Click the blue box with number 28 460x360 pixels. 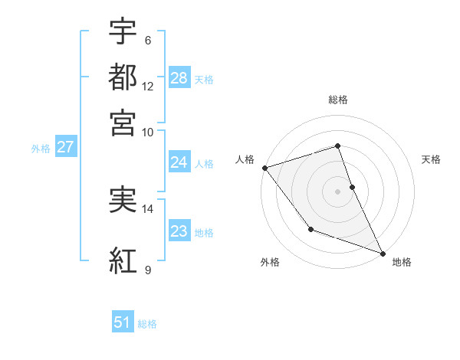(x=179, y=78)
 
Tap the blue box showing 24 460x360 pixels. (x=179, y=162)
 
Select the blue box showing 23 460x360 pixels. (x=179, y=231)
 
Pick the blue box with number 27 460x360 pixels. (x=65, y=147)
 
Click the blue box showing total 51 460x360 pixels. (x=123, y=323)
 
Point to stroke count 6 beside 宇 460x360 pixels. (x=148, y=41)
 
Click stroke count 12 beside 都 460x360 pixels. (x=148, y=87)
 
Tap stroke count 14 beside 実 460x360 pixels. (x=148, y=208)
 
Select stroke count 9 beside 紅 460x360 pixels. (x=148, y=270)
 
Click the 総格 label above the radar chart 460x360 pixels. (x=338, y=100)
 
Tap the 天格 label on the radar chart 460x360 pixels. (x=431, y=159)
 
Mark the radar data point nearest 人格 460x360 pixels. (x=264, y=167)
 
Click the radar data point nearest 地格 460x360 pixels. (x=383, y=253)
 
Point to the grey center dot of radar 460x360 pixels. (x=337, y=191)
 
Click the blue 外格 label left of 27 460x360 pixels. (x=40, y=149)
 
